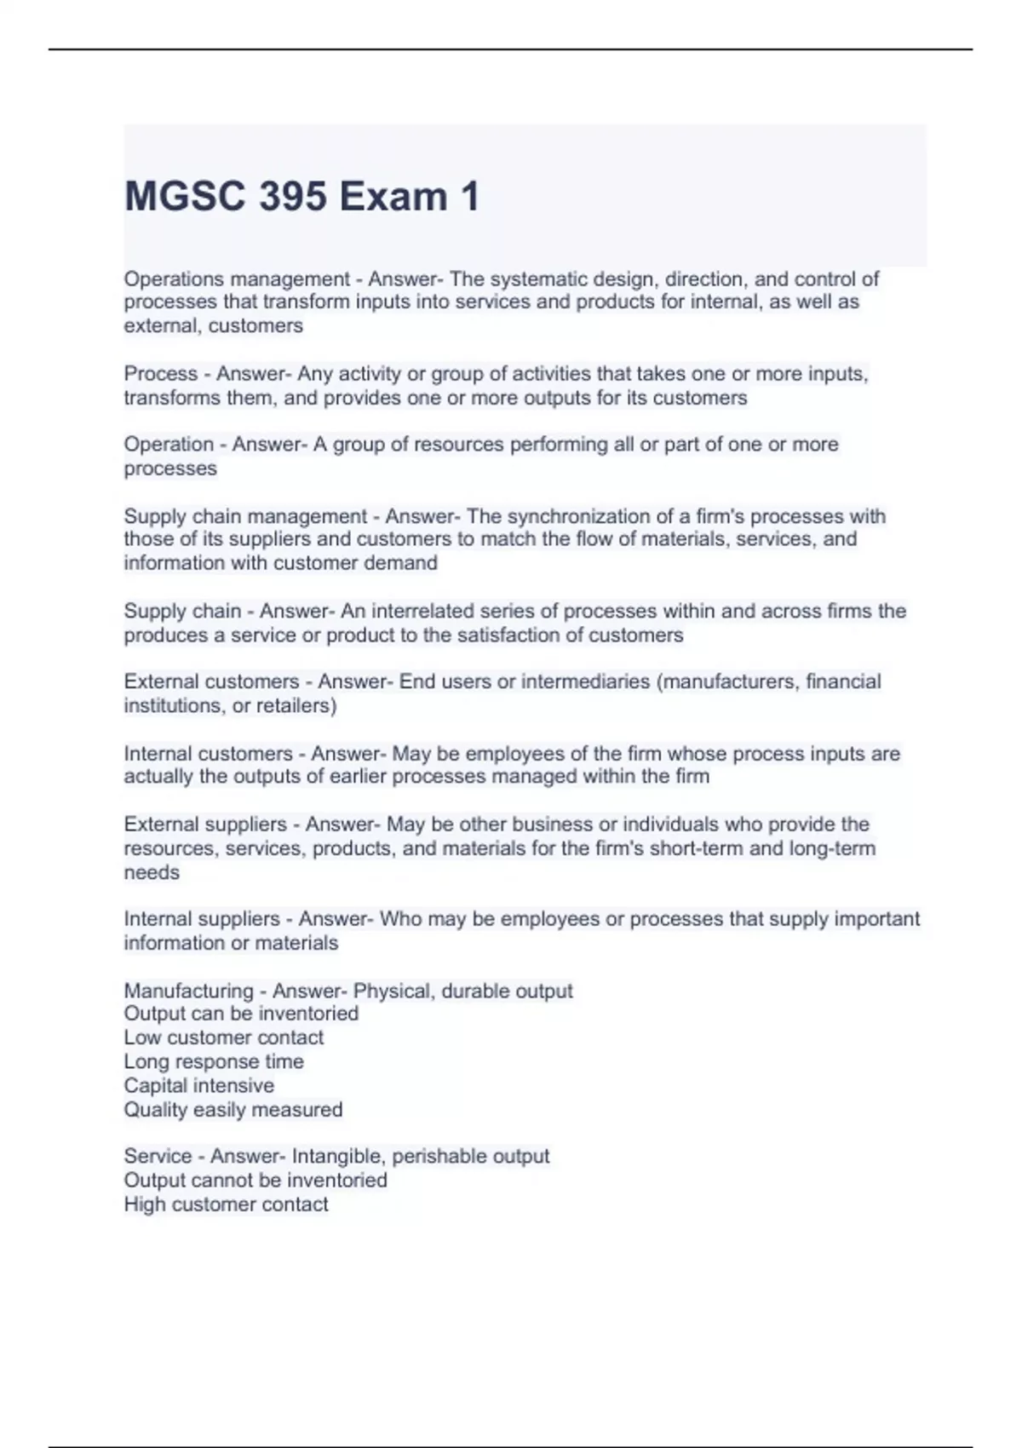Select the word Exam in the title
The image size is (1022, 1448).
pos(393,197)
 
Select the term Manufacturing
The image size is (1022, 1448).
pos(188,991)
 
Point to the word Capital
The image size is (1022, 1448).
pos(157,1085)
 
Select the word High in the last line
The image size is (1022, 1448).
pos(144,1204)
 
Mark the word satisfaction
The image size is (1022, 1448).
pos(508,635)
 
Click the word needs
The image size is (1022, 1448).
pos(152,872)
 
